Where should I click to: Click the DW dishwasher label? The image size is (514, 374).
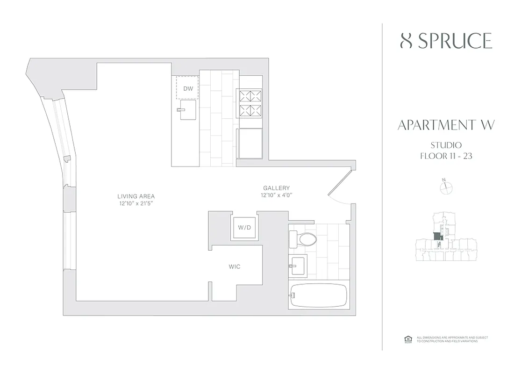(187, 88)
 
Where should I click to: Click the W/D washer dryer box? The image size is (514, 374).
(244, 228)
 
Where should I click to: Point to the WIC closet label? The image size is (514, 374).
(235, 266)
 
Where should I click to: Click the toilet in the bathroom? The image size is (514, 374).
(303, 240)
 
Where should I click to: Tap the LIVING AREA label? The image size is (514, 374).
(136, 196)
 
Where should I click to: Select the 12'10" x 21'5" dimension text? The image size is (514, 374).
(136, 203)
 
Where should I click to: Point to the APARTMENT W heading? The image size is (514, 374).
(446, 125)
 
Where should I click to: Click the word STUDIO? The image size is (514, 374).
(446, 145)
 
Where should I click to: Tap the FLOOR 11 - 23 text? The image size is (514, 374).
(446, 156)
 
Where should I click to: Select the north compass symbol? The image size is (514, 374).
(446, 187)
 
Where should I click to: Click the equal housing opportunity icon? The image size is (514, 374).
(407, 339)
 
